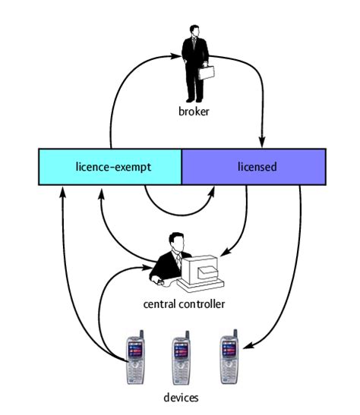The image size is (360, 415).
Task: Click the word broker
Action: [x=194, y=112]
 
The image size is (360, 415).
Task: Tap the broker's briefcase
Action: [x=206, y=73]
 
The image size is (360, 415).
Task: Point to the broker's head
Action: [x=194, y=30]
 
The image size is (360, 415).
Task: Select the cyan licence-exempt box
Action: [x=110, y=167]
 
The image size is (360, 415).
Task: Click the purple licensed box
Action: [x=254, y=167]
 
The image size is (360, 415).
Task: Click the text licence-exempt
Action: [x=113, y=167]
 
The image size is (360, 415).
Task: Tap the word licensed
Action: [x=257, y=167]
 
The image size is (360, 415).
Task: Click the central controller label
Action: [x=184, y=304]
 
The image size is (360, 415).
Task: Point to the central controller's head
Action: [x=177, y=242]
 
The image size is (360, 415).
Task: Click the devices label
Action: [x=181, y=398]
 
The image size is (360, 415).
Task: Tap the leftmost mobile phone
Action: [x=135, y=357]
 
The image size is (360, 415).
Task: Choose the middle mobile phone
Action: [x=182, y=357]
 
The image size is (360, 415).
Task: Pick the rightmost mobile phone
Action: [x=229, y=357]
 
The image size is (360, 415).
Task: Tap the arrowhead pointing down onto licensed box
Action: [x=262, y=142]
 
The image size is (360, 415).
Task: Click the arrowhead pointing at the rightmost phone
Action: [x=248, y=345]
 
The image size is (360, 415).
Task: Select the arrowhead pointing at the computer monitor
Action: [x=225, y=253]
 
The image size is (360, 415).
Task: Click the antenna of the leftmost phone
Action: [x=142, y=334]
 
